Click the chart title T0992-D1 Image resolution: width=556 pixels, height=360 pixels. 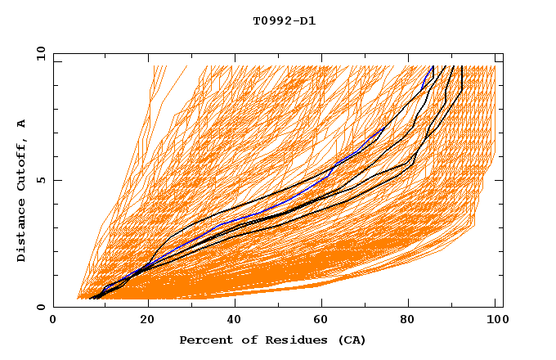284,21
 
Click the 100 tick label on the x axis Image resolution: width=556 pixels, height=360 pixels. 495,320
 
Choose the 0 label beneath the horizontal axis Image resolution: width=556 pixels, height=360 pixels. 53,320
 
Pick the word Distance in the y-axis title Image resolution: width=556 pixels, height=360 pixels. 22,232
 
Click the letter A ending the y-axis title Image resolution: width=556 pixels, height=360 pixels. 22,124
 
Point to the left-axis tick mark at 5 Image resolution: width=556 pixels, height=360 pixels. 56,180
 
